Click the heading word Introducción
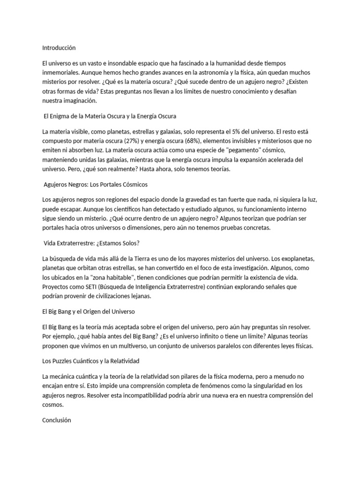pos(59,48)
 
